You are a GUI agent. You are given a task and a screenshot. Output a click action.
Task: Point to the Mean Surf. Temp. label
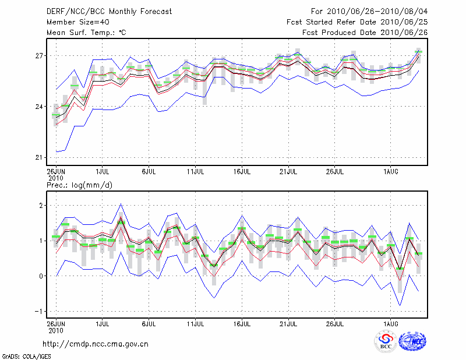tap(86, 32)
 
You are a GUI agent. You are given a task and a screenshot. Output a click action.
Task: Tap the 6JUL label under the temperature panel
tap(149, 172)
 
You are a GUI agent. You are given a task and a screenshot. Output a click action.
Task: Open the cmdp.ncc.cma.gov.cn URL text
tap(96, 344)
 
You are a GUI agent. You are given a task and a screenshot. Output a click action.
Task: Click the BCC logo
tap(385, 342)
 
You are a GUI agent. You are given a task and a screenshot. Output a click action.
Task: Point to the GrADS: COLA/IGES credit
tap(27, 355)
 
